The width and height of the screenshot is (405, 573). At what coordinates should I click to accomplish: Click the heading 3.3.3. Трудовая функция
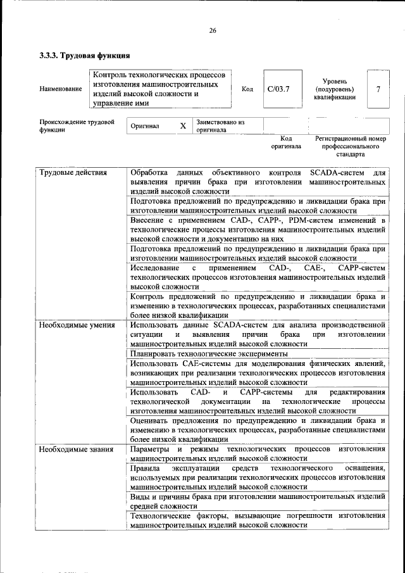(85, 56)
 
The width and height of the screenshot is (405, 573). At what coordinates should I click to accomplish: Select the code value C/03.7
(278, 89)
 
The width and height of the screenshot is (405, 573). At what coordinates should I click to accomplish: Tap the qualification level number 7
(378, 89)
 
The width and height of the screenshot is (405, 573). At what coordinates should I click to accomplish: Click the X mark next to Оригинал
(183, 126)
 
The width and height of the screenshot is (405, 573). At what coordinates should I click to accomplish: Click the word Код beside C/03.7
(247, 89)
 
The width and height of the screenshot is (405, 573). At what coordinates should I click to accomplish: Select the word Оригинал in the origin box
(145, 126)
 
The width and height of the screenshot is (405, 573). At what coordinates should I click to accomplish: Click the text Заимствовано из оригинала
(220, 125)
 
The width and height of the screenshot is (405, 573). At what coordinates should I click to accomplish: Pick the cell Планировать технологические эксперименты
(209, 353)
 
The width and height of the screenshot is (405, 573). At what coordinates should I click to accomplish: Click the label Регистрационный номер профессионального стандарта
(350, 146)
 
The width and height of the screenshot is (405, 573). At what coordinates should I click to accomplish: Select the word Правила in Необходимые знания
(145, 468)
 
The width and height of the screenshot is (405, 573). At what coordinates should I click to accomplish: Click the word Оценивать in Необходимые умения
(151, 420)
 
